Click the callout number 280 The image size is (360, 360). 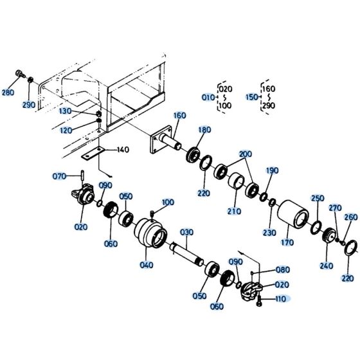(8, 93)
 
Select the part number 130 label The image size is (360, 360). (84, 111)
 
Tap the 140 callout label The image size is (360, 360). (122, 150)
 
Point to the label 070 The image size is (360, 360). (59, 175)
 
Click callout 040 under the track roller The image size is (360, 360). (147, 265)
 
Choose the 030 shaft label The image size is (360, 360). (186, 232)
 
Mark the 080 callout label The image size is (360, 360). (282, 270)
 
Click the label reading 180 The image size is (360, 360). (204, 130)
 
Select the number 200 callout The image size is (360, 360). (245, 155)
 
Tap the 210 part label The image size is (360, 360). (233, 211)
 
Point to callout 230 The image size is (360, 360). (269, 233)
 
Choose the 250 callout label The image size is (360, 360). (318, 198)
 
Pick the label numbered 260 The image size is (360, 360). (350, 217)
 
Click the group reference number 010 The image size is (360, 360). (208, 97)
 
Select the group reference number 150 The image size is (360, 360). (251, 97)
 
